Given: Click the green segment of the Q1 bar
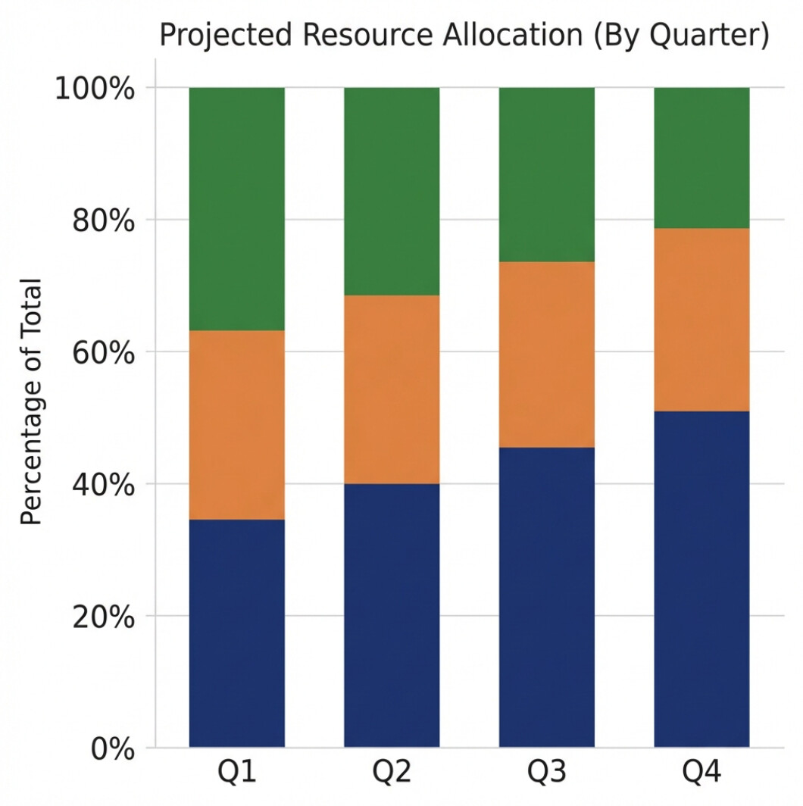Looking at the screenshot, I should point(236,208).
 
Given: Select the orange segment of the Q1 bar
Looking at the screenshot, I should point(236,424).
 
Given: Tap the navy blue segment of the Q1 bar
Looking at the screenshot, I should point(236,633).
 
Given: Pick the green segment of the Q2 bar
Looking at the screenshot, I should point(392,191).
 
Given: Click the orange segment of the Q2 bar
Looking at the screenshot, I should point(392,389).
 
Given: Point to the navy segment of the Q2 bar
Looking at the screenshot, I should point(392,615).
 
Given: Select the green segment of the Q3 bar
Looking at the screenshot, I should point(546,174).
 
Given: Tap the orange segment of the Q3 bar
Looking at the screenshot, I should point(546,355).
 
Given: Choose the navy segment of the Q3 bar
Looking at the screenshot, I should point(546,597).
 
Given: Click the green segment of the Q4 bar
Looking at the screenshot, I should point(701,158).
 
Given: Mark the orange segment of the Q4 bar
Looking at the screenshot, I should point(701,320).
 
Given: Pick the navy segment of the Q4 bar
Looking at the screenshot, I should point(701,579).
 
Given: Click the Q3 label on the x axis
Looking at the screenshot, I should point(546,773).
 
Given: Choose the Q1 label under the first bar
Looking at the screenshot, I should point(236,773).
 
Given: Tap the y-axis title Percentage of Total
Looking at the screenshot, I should point(31,402).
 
